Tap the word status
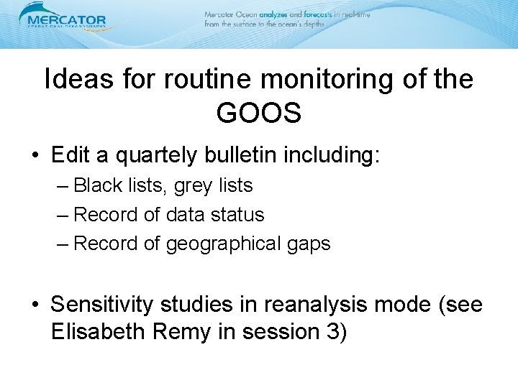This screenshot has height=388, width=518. pos(238,214)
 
